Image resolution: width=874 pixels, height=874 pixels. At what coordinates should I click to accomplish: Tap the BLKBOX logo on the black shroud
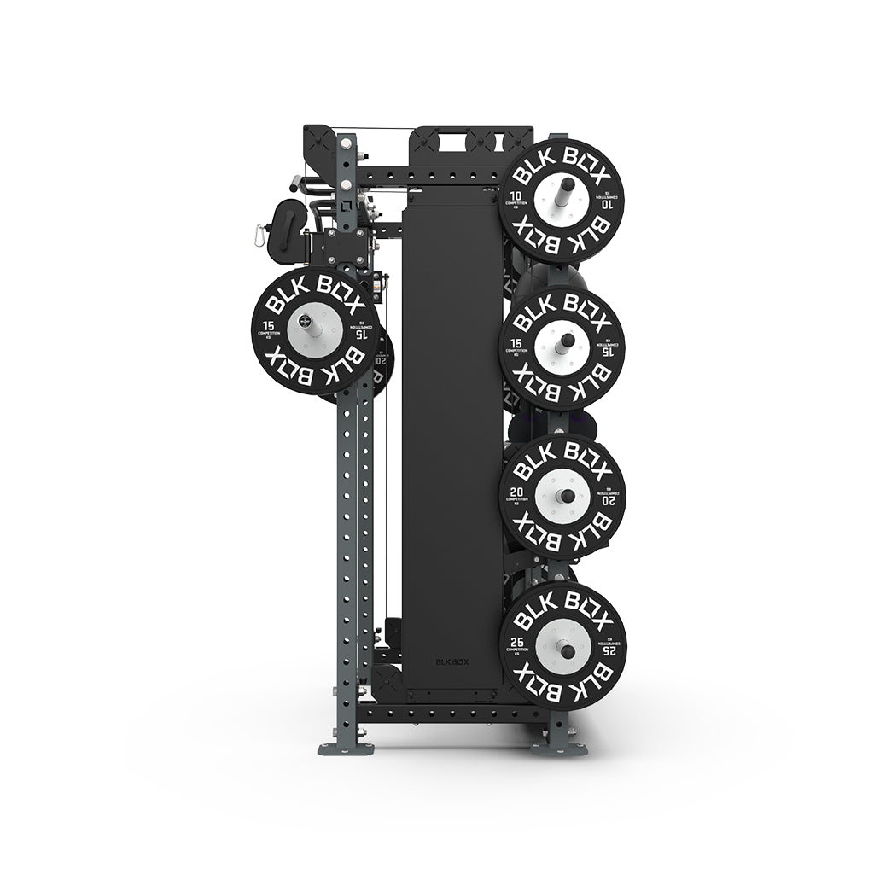coord(452,661)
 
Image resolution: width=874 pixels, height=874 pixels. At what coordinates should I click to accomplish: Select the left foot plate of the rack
coord(346,748)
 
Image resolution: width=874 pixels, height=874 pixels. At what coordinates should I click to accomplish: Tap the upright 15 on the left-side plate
coord(269,326)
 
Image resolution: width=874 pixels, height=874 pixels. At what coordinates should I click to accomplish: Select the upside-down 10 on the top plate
coord(607,204)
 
